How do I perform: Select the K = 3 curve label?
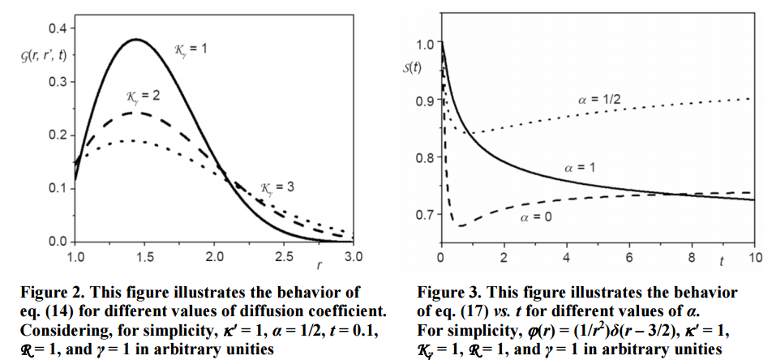(277, 189)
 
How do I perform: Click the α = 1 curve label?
(580, 166)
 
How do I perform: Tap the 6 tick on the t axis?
(628, 257)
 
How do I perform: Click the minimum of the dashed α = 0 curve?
(461, 225)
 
